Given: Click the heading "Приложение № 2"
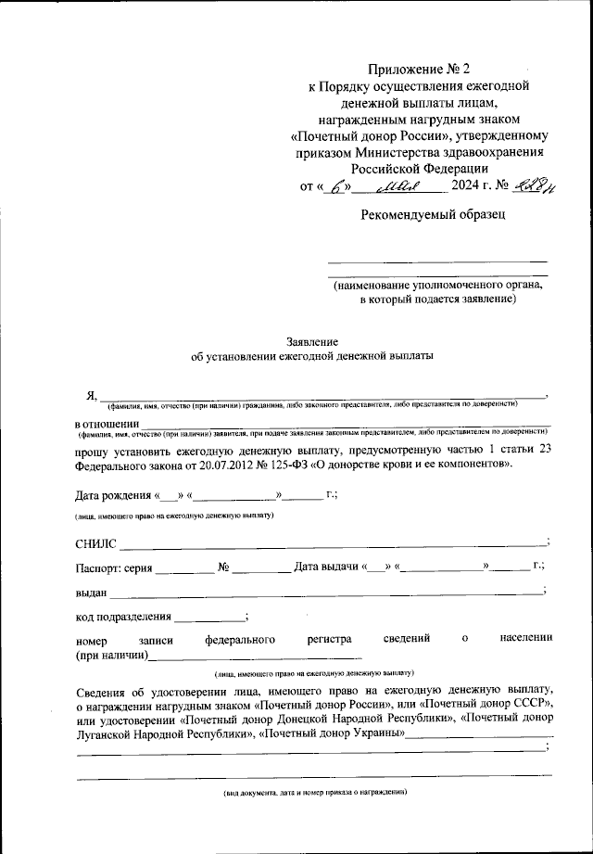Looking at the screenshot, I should (419, 69).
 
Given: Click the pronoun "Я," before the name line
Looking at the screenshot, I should (91, 396).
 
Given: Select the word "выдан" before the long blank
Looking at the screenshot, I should (91, 592).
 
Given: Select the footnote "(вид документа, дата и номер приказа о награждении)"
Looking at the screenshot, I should (313, 793).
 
